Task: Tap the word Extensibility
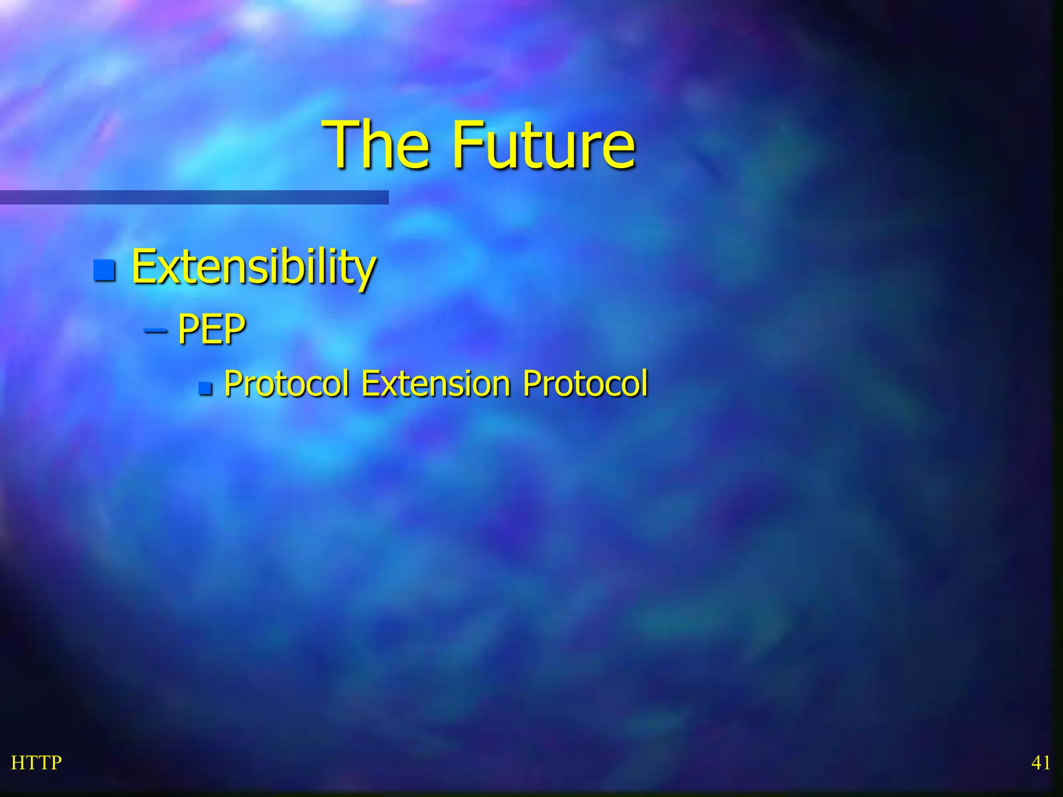[253, 267]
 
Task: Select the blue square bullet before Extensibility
[104, 270]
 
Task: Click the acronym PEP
[211, 329]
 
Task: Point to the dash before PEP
[155, 330]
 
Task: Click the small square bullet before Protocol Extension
[206, 388]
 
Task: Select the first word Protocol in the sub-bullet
[287, 384]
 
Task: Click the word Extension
[436, 384]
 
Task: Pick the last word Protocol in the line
[585, 384]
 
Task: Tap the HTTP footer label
[36, 763]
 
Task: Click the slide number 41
[1041, 763]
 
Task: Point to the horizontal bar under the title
[194, 197]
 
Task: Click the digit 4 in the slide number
[1036, 763]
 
